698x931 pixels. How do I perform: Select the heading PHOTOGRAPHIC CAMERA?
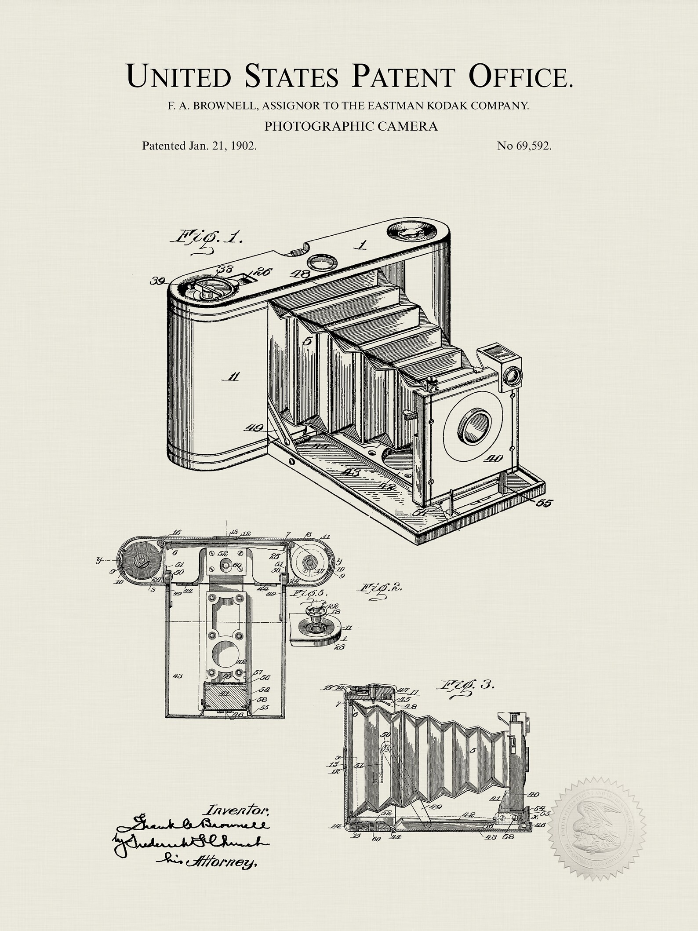point(351,126)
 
